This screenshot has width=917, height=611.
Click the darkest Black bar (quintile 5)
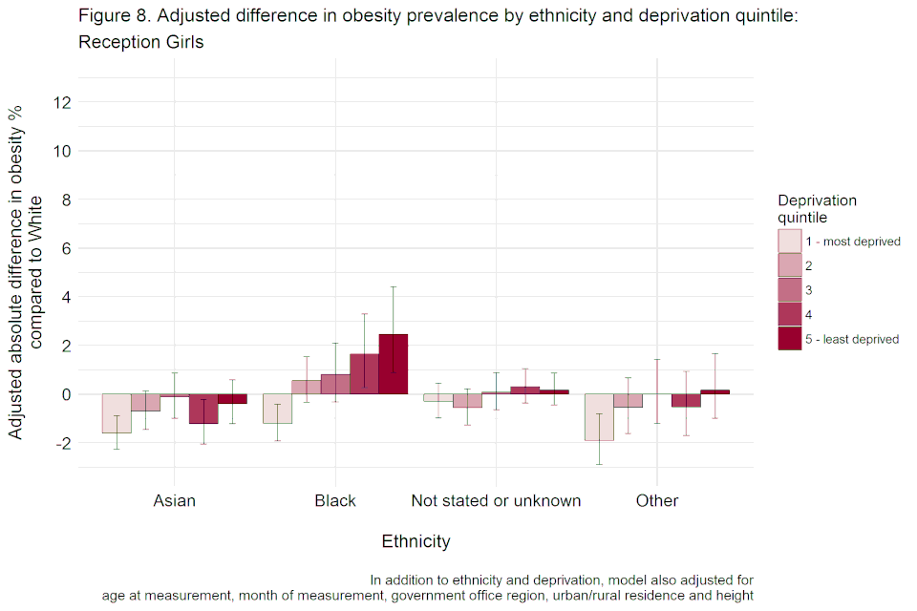pyautogui.click(x=393, y=364)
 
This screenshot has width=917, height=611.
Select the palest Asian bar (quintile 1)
pyautogui.click(x=116, y=413)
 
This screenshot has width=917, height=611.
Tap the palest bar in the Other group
pyautogui.click(x=599, y=416)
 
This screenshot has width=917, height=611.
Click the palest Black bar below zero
pyautogui.click(x=277, y=409)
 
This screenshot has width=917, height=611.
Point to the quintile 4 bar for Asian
pyautogui.click(x=203, y=409)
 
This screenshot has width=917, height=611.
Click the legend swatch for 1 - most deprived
pyautogui.click(x=790, y=242)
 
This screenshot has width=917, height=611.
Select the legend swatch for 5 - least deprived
pyautogui.click(x=790, y=339)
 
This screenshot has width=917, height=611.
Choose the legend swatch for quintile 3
pyautogui.click(x=790, y=290)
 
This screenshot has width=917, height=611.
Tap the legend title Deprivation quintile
pyautogui.click(x=817, y=209)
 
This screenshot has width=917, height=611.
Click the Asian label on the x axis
pyautogui.click(x=174, y=501)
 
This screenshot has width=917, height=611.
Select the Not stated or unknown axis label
pyautogui.click(x=496, y=501)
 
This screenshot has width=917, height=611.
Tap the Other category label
pyautogui.click(x=657, y=501)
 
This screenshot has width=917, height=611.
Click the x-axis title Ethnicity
pyautogui.click(x=416, y=542)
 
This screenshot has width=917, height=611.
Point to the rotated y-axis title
pyautogui.click(x=26, y=273)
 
